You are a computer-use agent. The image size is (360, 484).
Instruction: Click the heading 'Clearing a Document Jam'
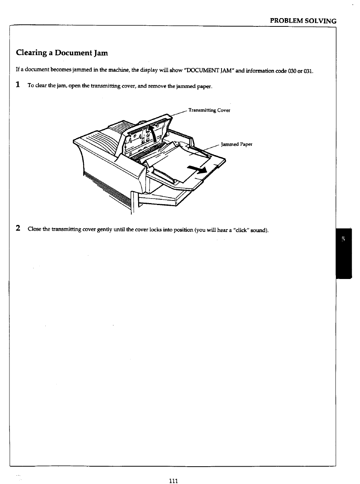[62, 53]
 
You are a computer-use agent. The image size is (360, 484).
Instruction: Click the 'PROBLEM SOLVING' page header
[303, 21]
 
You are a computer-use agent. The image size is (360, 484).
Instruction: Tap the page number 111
[173, 481]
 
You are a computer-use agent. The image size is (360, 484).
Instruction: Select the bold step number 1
[18, 85]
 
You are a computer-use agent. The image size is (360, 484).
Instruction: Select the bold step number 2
[18, 228]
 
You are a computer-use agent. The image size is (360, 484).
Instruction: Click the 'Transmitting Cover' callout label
[209, 111]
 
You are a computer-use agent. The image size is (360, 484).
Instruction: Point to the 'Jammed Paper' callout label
[236, 144]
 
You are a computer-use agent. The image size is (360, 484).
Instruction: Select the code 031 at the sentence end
[308, 71]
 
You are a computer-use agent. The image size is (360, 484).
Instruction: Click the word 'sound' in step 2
[259, 230]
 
